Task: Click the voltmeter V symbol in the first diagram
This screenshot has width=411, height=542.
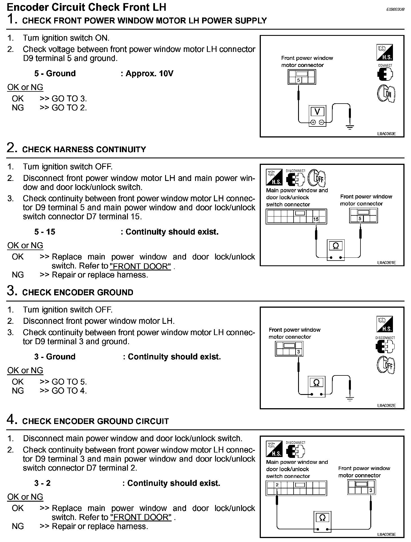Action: (x=317, y=112)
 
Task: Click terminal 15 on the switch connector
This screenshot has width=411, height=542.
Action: (x=316, y=219)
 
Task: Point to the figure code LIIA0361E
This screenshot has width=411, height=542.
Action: (x=386, y=263)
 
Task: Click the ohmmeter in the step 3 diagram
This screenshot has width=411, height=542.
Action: (x=316, y=383)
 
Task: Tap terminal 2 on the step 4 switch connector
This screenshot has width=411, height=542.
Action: (x=277, y=485)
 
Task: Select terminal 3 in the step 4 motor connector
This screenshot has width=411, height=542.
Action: (x=371, y=490)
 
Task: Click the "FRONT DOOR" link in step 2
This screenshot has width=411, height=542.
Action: (x=140, y=266)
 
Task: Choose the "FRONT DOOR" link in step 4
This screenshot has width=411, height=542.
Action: (x=141, y=517)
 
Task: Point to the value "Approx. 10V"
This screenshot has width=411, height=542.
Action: (x=149, y=74)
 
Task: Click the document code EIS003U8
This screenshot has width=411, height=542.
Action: (x=395, y=9)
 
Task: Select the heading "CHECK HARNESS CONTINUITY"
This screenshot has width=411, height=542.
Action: (x=84, y=150)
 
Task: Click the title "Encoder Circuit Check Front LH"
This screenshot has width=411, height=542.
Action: (x=86, y=7)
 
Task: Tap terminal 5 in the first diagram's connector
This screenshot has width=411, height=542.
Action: (x=299, y=80)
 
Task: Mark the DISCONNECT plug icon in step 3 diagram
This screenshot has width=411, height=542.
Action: (x=385, y=346)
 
